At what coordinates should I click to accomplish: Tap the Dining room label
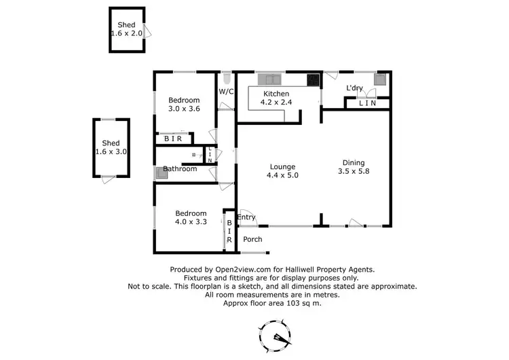pos(354,162)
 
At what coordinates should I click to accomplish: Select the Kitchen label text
pos(275,94)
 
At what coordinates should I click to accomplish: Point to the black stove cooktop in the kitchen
pos(314,80)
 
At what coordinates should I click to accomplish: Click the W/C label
pos(226,92)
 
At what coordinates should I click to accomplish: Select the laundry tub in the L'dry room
pos(380,79)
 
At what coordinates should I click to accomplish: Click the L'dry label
pos(354,88)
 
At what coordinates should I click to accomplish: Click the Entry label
pos(246,217)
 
